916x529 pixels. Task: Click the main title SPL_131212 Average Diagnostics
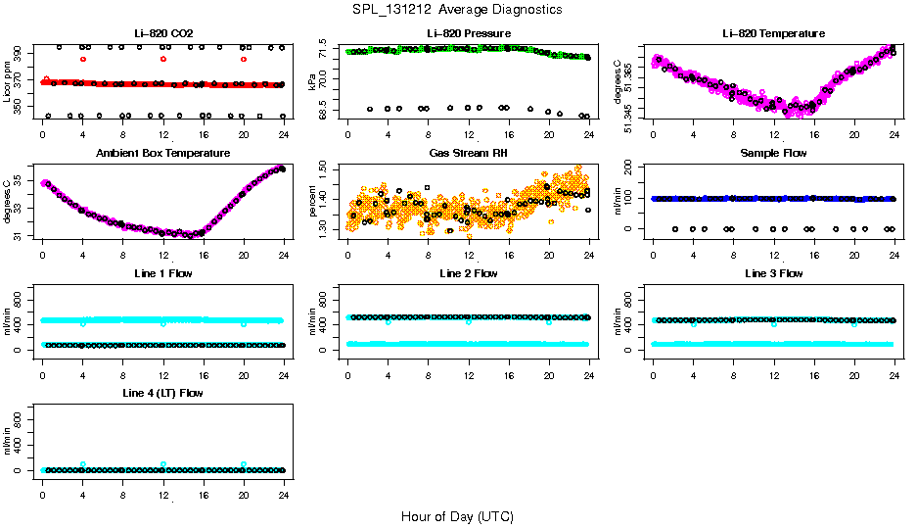(458, 9)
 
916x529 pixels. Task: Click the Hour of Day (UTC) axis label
(457, 516)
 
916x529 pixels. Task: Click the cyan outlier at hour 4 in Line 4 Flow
(83, 464)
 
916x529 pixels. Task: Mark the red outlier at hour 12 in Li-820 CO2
(163, 59)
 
